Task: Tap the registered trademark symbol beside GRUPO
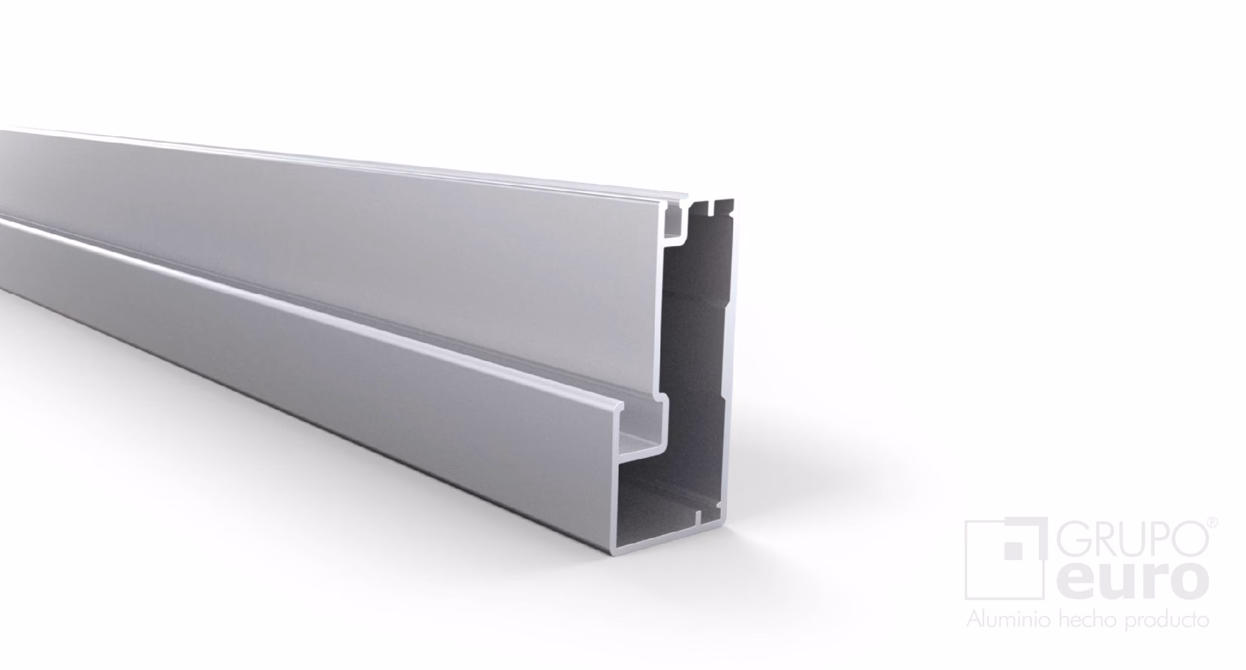1212,522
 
